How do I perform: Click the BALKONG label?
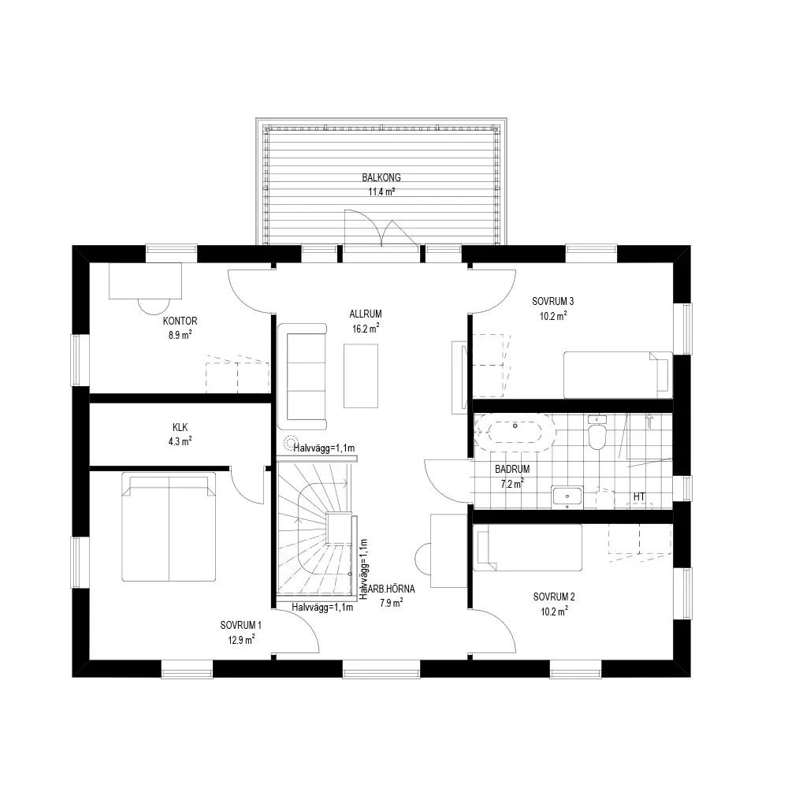coord(381,177)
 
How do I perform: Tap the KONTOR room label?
coord(180,321)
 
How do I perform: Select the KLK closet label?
coord(180,427)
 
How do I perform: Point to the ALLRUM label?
coord(366,314)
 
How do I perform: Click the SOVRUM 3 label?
coord(553,301)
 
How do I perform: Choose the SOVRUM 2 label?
coord(554,597)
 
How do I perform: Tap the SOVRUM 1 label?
coord(240,625)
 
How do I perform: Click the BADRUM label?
coord(512,469)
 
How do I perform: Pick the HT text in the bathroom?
coord(639,496)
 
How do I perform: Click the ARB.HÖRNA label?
coord(391,589)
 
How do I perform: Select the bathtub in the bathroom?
coord(515,432)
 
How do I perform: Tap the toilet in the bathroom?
coord(597,433)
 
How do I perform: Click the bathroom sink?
coord(567,496)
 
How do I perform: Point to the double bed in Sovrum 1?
coord(169,526)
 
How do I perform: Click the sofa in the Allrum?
coord(302,377)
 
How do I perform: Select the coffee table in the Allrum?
coord(361,375)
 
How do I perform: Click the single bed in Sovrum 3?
coord(618,375)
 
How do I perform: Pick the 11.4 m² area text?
coord(381,191)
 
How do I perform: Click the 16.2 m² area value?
coord(366,329)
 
